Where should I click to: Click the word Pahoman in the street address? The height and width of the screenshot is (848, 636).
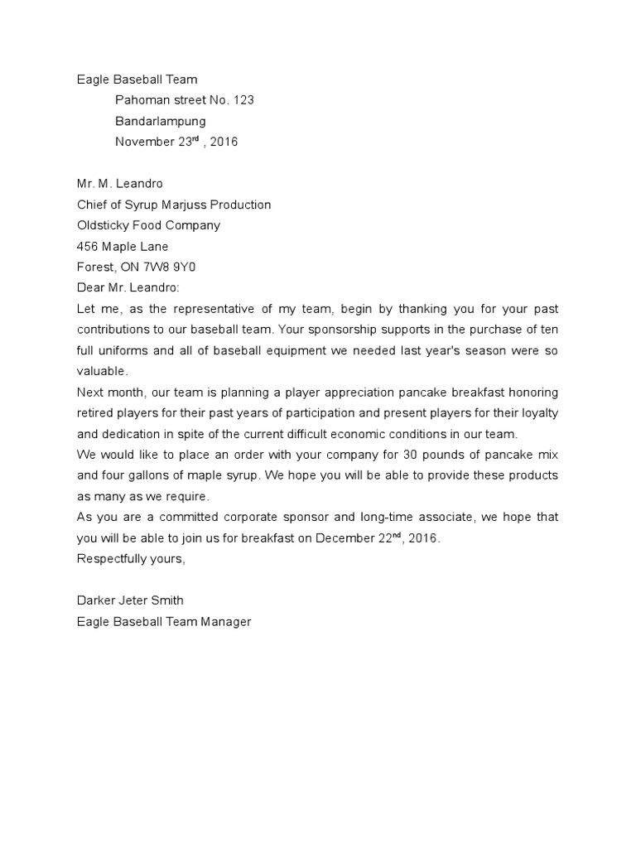(x=142, y=100)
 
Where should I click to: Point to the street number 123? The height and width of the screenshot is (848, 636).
(x=243, y=100)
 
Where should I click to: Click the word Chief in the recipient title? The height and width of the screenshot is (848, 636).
(x=92, y=205)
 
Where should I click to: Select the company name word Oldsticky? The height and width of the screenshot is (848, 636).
(x=104, y=225)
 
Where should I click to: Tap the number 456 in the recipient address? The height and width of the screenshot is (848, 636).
(x=87, y=246)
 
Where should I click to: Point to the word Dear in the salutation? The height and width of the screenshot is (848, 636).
(x=90, y=287)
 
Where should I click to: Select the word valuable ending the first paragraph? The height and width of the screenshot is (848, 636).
(x=101, y=371)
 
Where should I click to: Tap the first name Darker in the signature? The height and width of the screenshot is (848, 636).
(x=95, y=600)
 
